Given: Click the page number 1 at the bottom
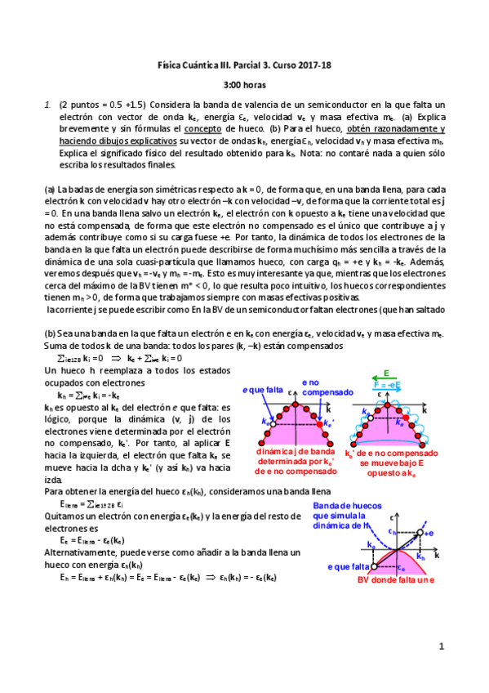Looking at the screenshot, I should (x=440, y=646).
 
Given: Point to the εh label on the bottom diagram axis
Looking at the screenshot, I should (x=391, y=531).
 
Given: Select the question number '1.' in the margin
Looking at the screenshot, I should (x=49, y=105).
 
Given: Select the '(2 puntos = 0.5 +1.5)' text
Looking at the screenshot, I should (x=103, y=105).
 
